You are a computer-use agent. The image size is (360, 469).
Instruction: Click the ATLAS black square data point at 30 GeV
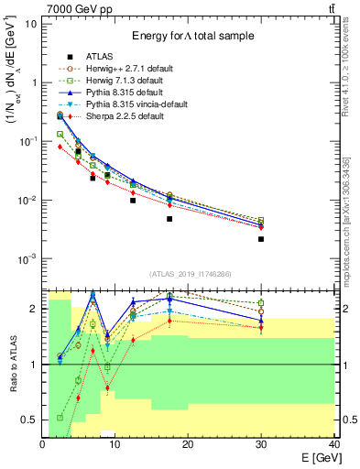(x=261, y=239)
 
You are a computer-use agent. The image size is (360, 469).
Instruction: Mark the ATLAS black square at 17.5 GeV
(x=169, y=219)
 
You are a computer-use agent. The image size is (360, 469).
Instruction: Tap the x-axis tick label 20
(x=188, y=443)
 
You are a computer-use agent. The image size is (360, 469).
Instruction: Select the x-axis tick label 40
(x=333, y=443)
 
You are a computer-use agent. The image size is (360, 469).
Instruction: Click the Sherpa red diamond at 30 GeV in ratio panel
(x=261, y=328)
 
